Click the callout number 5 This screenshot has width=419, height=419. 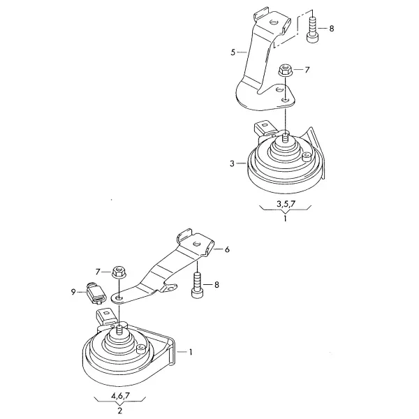233,52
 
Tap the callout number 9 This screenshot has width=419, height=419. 73,292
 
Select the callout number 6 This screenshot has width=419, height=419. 227,249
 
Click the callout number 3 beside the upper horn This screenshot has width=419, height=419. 232,163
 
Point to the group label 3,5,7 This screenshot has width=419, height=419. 286,204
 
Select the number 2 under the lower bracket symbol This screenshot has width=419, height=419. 119,411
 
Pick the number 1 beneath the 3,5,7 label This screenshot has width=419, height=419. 286,219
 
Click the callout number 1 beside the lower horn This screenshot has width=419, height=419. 191,352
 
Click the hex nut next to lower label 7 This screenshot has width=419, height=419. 118,272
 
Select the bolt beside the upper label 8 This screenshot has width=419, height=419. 312,30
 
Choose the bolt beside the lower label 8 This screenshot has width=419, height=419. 197,285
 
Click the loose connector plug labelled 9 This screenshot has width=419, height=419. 96,293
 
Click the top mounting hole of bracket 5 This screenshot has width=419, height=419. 273,22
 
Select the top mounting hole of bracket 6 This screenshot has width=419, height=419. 197,244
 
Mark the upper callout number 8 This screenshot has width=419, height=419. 332,29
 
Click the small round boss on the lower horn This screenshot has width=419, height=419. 140,348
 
